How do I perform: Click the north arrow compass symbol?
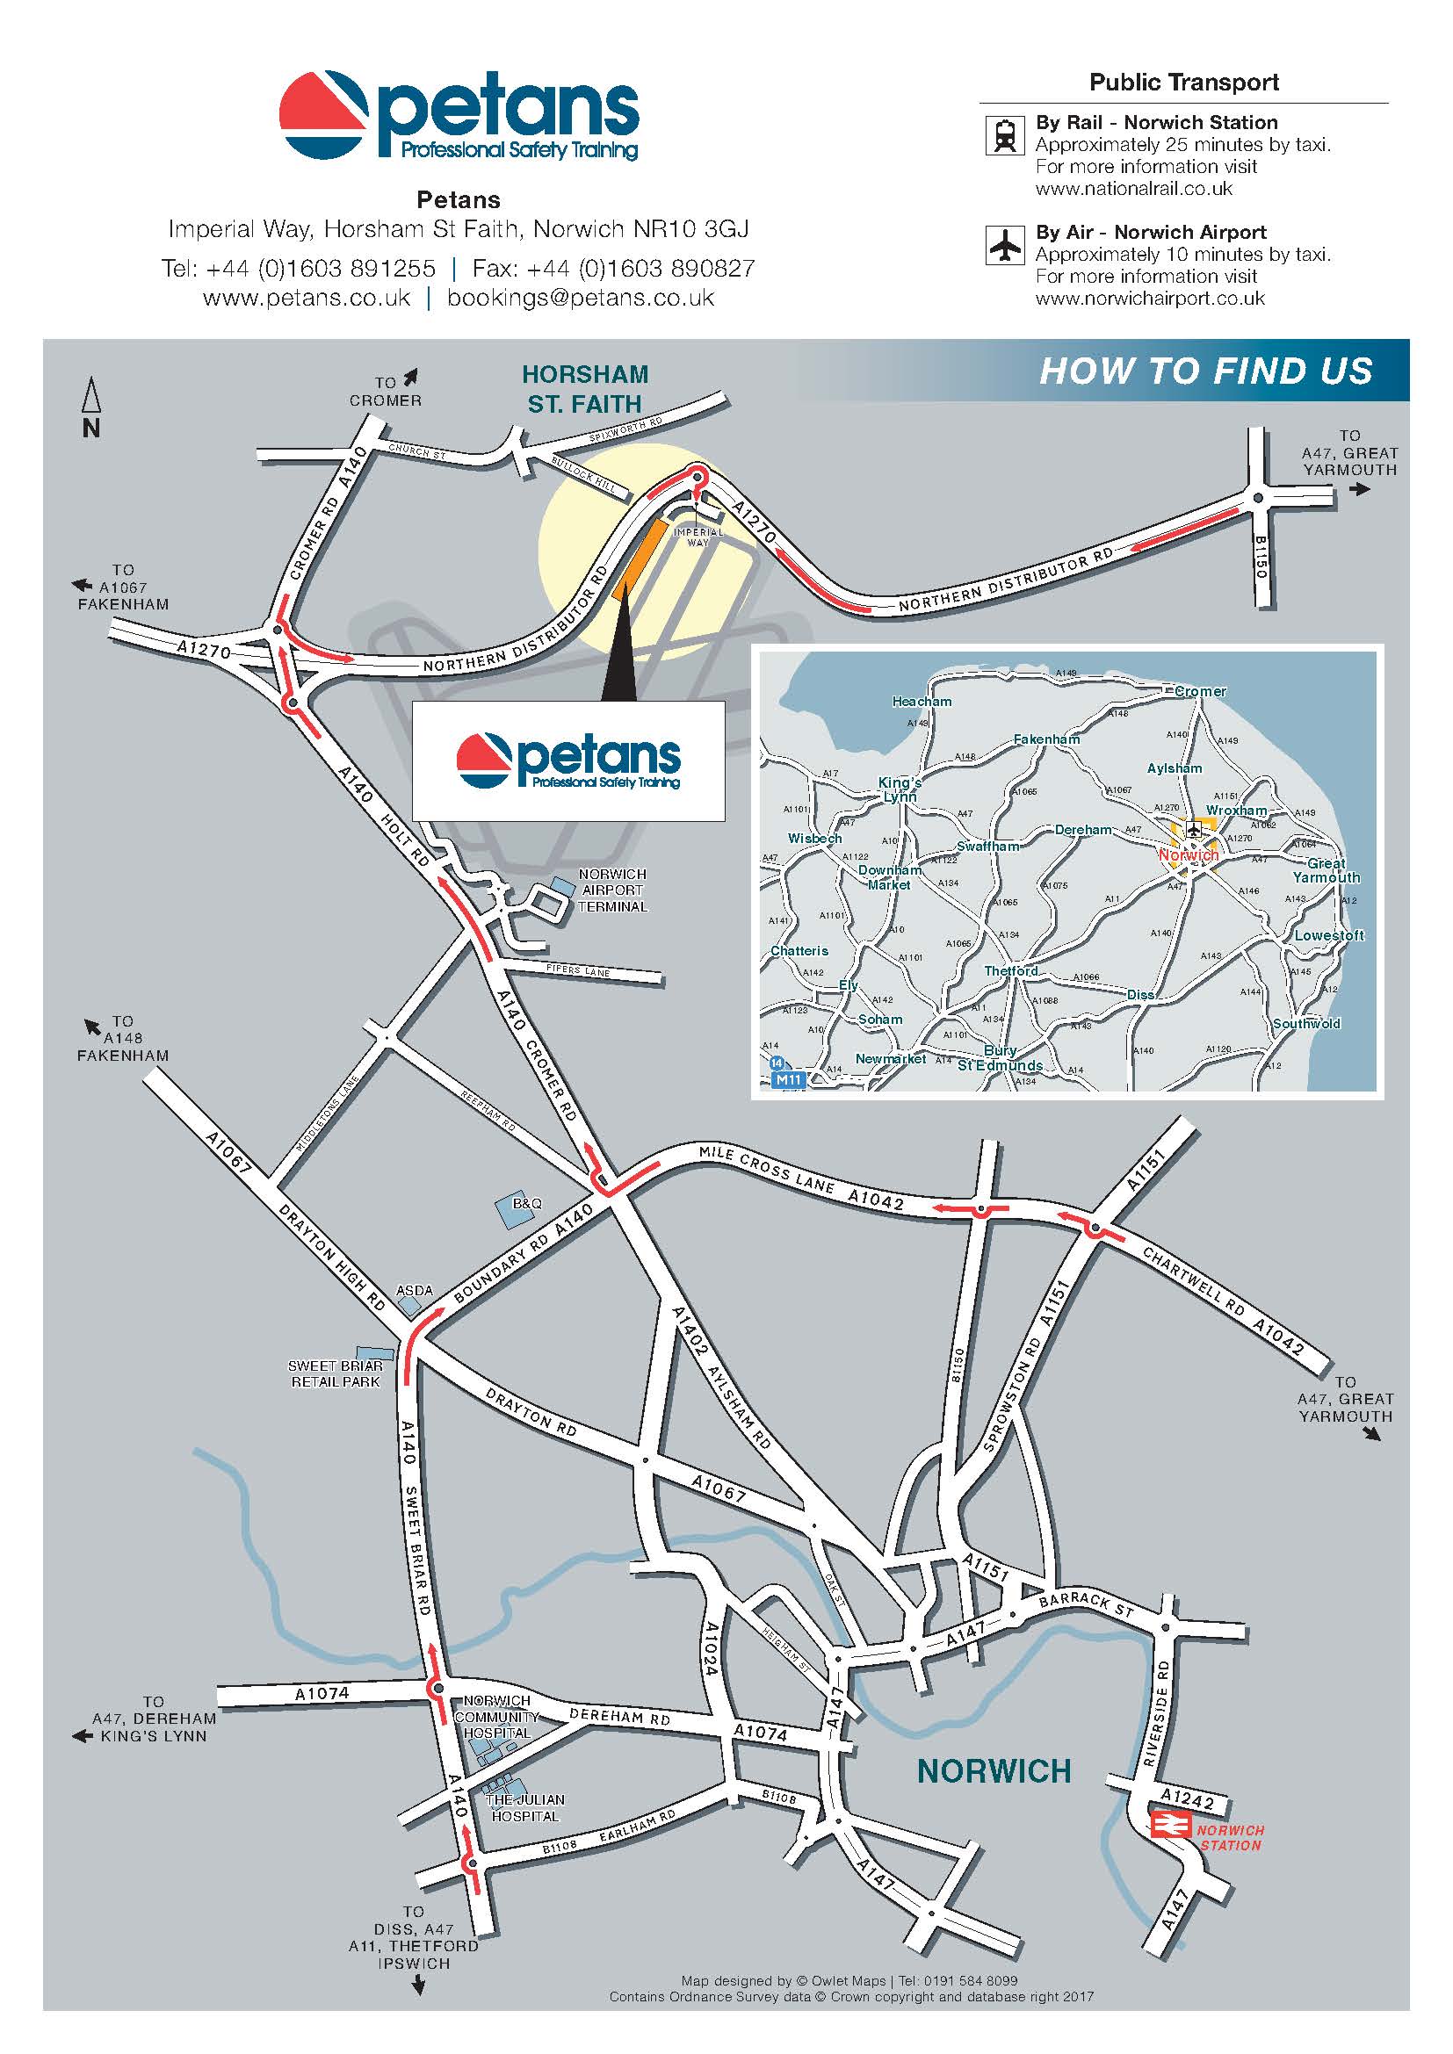[91, 407]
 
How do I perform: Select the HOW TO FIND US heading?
[1205, 371]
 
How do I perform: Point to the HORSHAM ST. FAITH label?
[585, 389]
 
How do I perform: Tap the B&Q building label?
[527, 1203]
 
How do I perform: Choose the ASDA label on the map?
[415, 1291]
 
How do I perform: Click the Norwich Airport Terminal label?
[612, 890]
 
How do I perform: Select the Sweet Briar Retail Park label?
[335, 1373]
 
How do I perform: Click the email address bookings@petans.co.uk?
[581, 298]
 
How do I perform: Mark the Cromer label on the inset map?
[1200, 691]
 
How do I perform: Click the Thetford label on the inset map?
[1011, 971]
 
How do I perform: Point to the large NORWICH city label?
[994, 1770]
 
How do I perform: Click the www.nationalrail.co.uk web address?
[1133, 189]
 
